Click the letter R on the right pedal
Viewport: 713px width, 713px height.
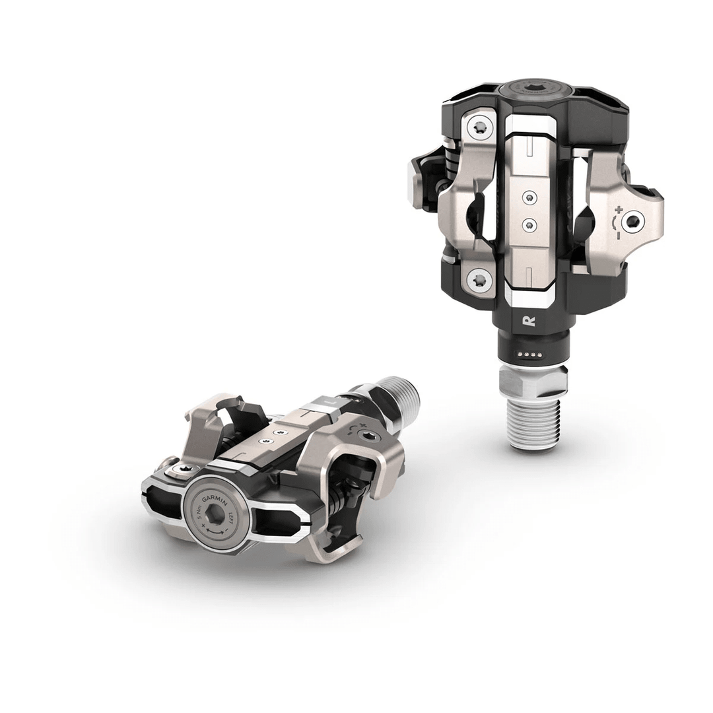(528, 322)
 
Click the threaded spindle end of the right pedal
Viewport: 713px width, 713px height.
(535, 423)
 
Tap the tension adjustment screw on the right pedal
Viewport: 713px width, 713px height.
(634, 222)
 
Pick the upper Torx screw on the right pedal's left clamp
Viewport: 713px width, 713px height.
(480, 127)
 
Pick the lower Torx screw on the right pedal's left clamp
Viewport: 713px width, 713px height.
(479, 280)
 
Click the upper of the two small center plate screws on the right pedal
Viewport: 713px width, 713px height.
(529, 197)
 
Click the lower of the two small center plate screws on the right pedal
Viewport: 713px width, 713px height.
(529, 224)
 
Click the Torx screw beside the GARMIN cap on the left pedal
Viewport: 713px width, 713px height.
(184, 470)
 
